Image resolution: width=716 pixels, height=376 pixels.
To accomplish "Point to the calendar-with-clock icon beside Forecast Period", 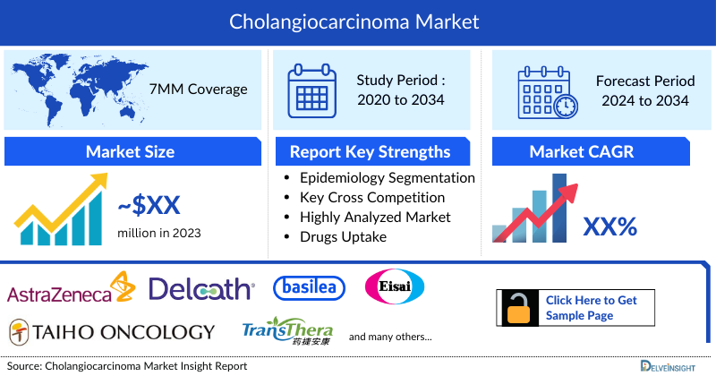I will tap(546, 90).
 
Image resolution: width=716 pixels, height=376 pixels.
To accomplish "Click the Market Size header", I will tap(131, 151).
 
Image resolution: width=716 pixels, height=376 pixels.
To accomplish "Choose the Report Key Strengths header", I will tap(371, 151).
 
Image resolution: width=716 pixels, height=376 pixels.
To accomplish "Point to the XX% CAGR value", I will tap(609, 227).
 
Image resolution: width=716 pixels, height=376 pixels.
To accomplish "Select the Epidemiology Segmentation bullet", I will tap(387, 178).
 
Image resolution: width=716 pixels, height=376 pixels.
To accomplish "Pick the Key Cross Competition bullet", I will tap(372, 198).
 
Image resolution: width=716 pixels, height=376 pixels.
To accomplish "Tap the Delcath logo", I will tap(201, 289).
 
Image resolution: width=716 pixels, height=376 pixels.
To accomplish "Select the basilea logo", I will tap(309, 287).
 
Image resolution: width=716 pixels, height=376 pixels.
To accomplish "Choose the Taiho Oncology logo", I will tap(112, 331).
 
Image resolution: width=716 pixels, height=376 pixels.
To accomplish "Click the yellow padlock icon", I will tap(519, 307).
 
